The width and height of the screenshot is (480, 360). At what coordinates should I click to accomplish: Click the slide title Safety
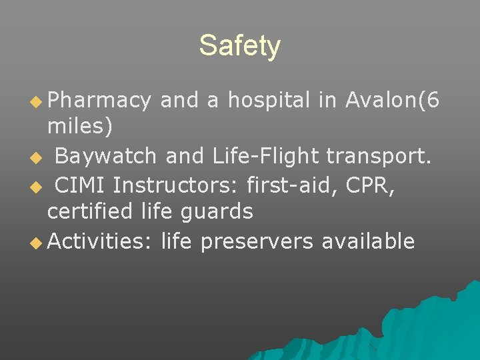[x=240, y=46]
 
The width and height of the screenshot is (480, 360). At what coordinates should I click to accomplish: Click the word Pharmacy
[x=99, y=100]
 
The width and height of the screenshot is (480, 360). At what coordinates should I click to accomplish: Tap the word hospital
[x=269, y=100]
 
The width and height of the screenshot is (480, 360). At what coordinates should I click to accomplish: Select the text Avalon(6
[x=393, y=100]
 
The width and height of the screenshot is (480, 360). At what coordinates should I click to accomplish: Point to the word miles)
[x=80, y=125]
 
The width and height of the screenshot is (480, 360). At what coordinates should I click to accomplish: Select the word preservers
[x=256, y=241]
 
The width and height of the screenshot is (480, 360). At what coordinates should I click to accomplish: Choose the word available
[x=368, y=241]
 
